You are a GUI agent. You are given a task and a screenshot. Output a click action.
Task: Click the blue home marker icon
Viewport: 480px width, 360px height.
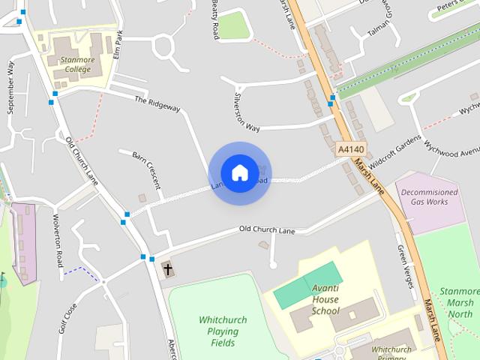pos(239,172)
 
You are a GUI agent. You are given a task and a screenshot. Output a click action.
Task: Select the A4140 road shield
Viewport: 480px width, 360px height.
pos(350,150)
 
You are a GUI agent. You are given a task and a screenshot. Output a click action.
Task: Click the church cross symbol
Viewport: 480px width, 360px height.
pos(167,269)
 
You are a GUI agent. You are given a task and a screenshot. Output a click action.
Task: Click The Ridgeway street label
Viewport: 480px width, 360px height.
pos(157,104)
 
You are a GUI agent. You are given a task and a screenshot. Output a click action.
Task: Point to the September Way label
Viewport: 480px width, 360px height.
pos(10,87)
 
